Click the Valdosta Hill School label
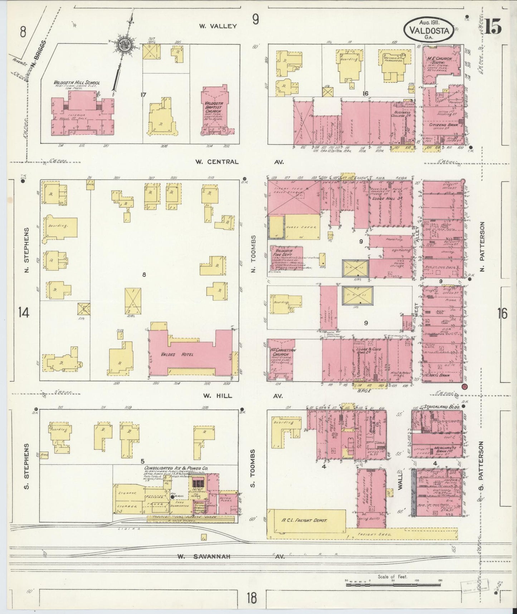point(77,83)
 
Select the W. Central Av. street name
point(239,162)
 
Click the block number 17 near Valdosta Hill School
point(143,95)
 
